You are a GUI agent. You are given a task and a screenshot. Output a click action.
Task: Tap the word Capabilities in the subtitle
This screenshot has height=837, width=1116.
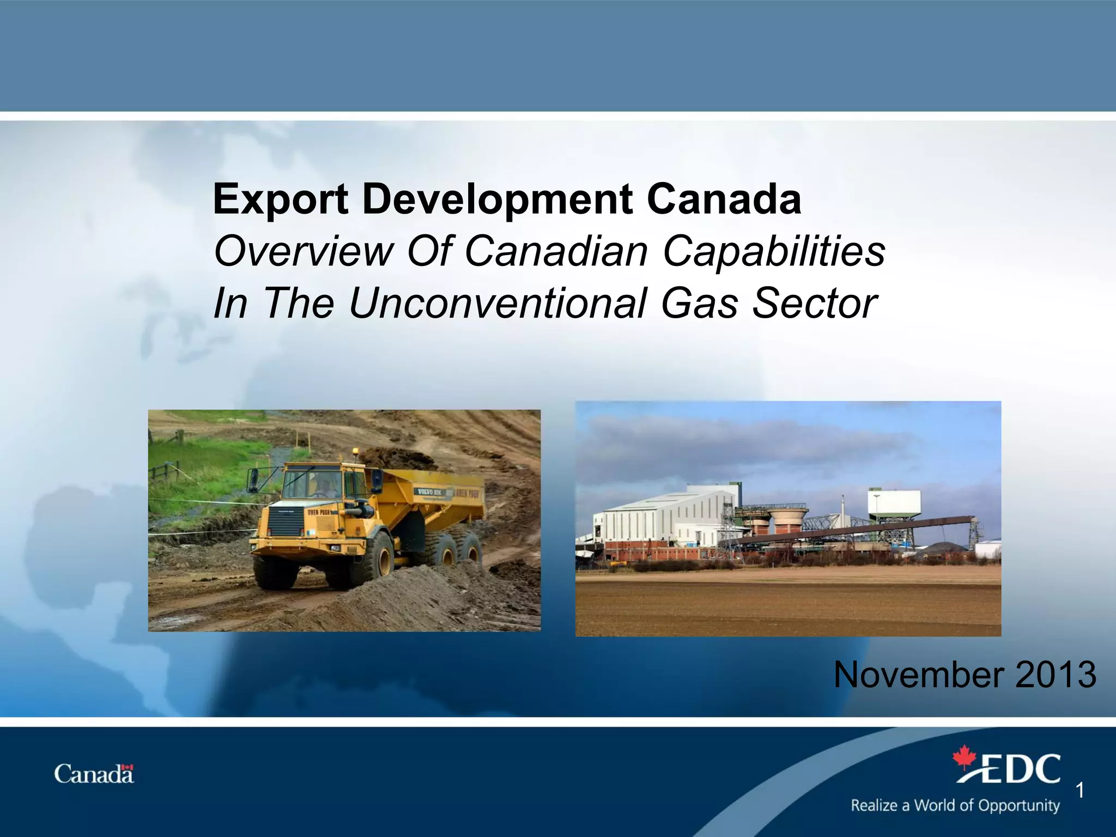pos(774,252)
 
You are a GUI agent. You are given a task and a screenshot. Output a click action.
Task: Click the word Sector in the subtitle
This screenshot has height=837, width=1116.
pos(814,303)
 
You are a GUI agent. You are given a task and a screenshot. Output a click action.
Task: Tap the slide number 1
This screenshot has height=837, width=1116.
pos(1079,790)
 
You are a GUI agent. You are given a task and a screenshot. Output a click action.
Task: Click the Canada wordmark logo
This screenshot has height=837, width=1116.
pos(94,774)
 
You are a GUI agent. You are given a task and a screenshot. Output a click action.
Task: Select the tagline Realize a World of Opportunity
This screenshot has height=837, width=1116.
pos(955,805)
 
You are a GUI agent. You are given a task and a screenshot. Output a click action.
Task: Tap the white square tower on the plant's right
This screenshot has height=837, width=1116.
pos(894,501)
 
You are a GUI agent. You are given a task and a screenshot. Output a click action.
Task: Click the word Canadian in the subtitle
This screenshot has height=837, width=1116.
pos(556,252)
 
